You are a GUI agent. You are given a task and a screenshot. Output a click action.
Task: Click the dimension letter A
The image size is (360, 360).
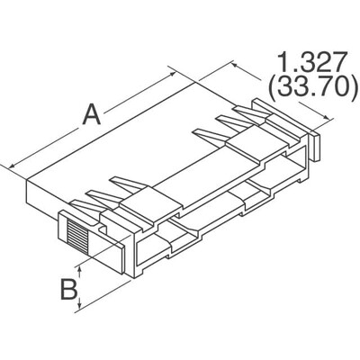(x=91, y=116)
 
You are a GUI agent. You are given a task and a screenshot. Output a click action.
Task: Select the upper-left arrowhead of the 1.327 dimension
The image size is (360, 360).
(x=236, y=63)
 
